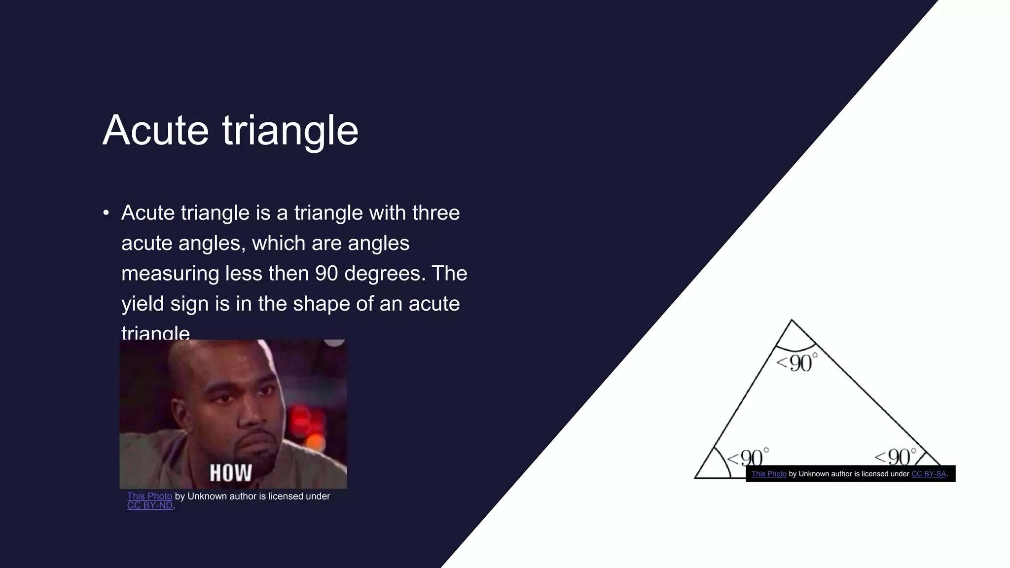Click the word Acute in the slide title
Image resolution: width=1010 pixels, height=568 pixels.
pos(155,130)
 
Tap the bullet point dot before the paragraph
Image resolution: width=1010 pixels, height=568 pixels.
pos(106,213)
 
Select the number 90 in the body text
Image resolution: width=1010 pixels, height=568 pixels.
pos(326,274)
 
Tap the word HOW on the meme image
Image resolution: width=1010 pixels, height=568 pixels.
pos(231,472)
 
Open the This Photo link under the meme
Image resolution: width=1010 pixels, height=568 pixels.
pos(149,496)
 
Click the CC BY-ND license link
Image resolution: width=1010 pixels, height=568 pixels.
pos(150,505)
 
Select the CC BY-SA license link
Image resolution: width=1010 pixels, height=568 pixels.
pos(929,474)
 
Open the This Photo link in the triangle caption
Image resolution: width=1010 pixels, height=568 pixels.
pos(769,474)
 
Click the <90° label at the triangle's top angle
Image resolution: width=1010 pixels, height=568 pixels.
pos(796,362)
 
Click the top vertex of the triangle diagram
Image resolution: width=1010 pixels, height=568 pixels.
pos(792,320)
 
